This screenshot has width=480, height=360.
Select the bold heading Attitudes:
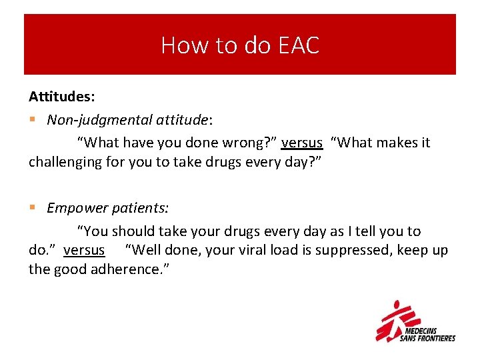tap(61, 97)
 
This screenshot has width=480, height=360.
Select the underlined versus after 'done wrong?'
tap(302, 143)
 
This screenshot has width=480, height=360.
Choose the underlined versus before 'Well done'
tap(84, 250)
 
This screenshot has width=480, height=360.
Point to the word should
tap(133, 231)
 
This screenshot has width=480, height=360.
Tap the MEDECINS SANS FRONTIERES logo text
tap(427, 334)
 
